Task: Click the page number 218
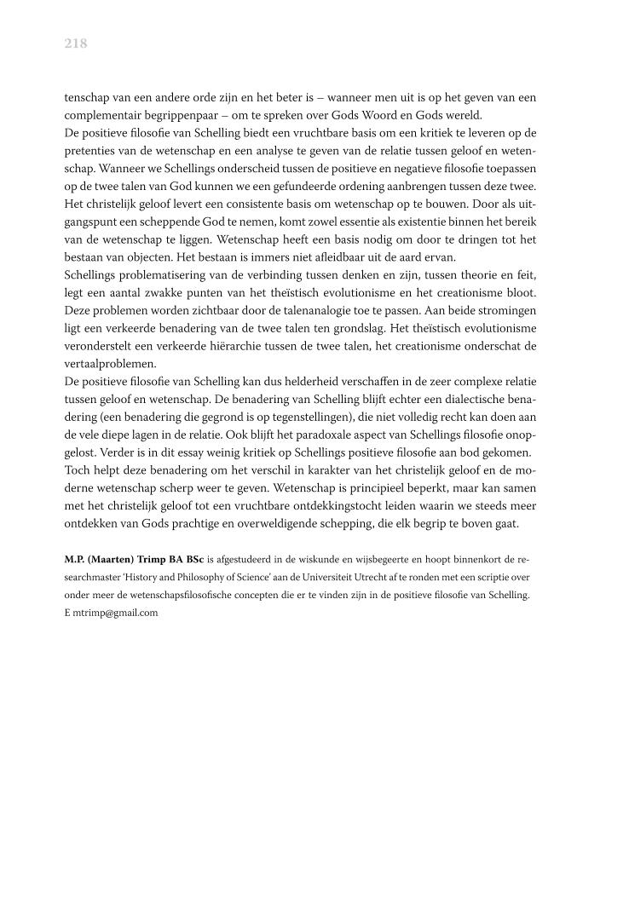(76, 44)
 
